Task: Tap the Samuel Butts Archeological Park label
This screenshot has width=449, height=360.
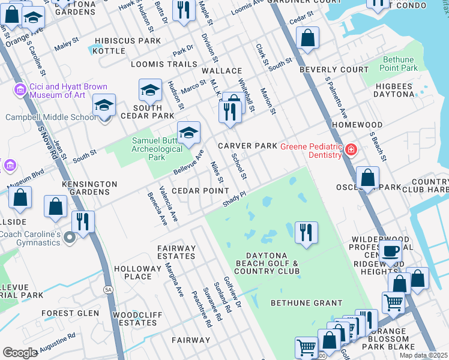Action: point(157,149)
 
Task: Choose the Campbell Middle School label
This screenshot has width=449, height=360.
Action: point(51,117)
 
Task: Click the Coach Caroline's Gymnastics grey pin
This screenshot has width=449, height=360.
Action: point(70,239)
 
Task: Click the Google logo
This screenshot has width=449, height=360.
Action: point(20,353)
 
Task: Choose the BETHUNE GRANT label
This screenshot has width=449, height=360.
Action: point(298,303)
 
